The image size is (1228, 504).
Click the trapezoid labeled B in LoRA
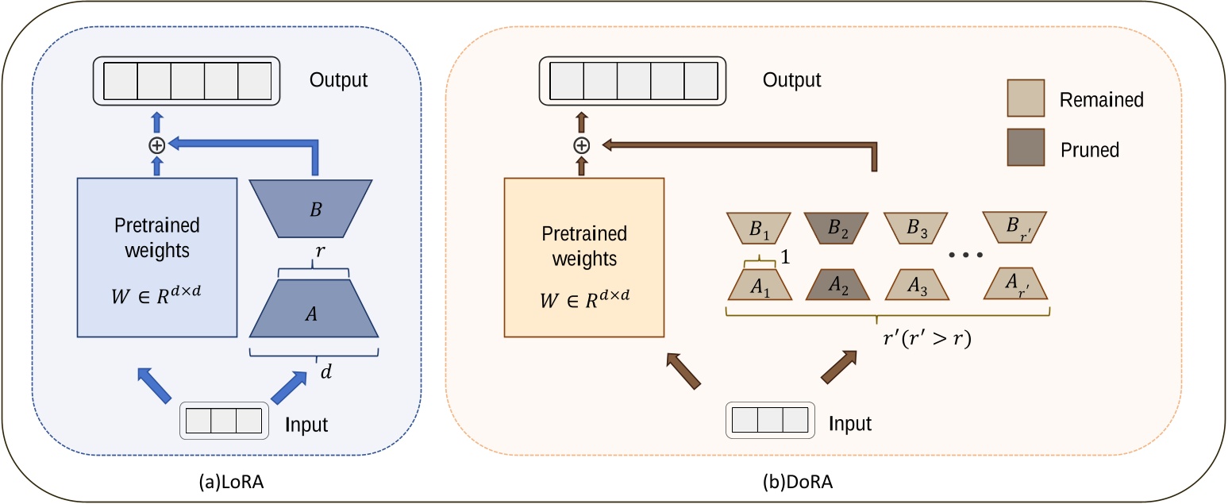tap(313, 208)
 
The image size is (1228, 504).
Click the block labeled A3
tap(917, 284)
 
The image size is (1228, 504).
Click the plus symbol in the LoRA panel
tap(157, 145)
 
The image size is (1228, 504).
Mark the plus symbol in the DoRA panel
tap(583, 145)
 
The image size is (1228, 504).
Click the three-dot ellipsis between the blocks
tap(966, 256)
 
